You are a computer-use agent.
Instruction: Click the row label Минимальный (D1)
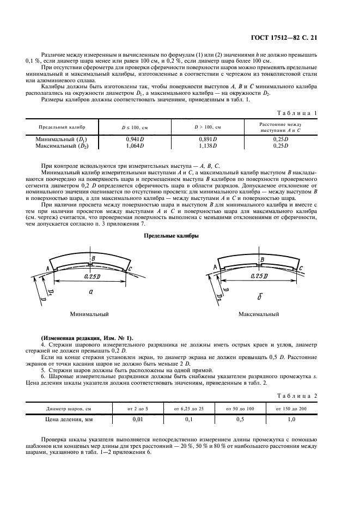[x=61, y=139]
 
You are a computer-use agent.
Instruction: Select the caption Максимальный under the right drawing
[x=258, y=314]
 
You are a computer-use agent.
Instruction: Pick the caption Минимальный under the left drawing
[x=89, y=314]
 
